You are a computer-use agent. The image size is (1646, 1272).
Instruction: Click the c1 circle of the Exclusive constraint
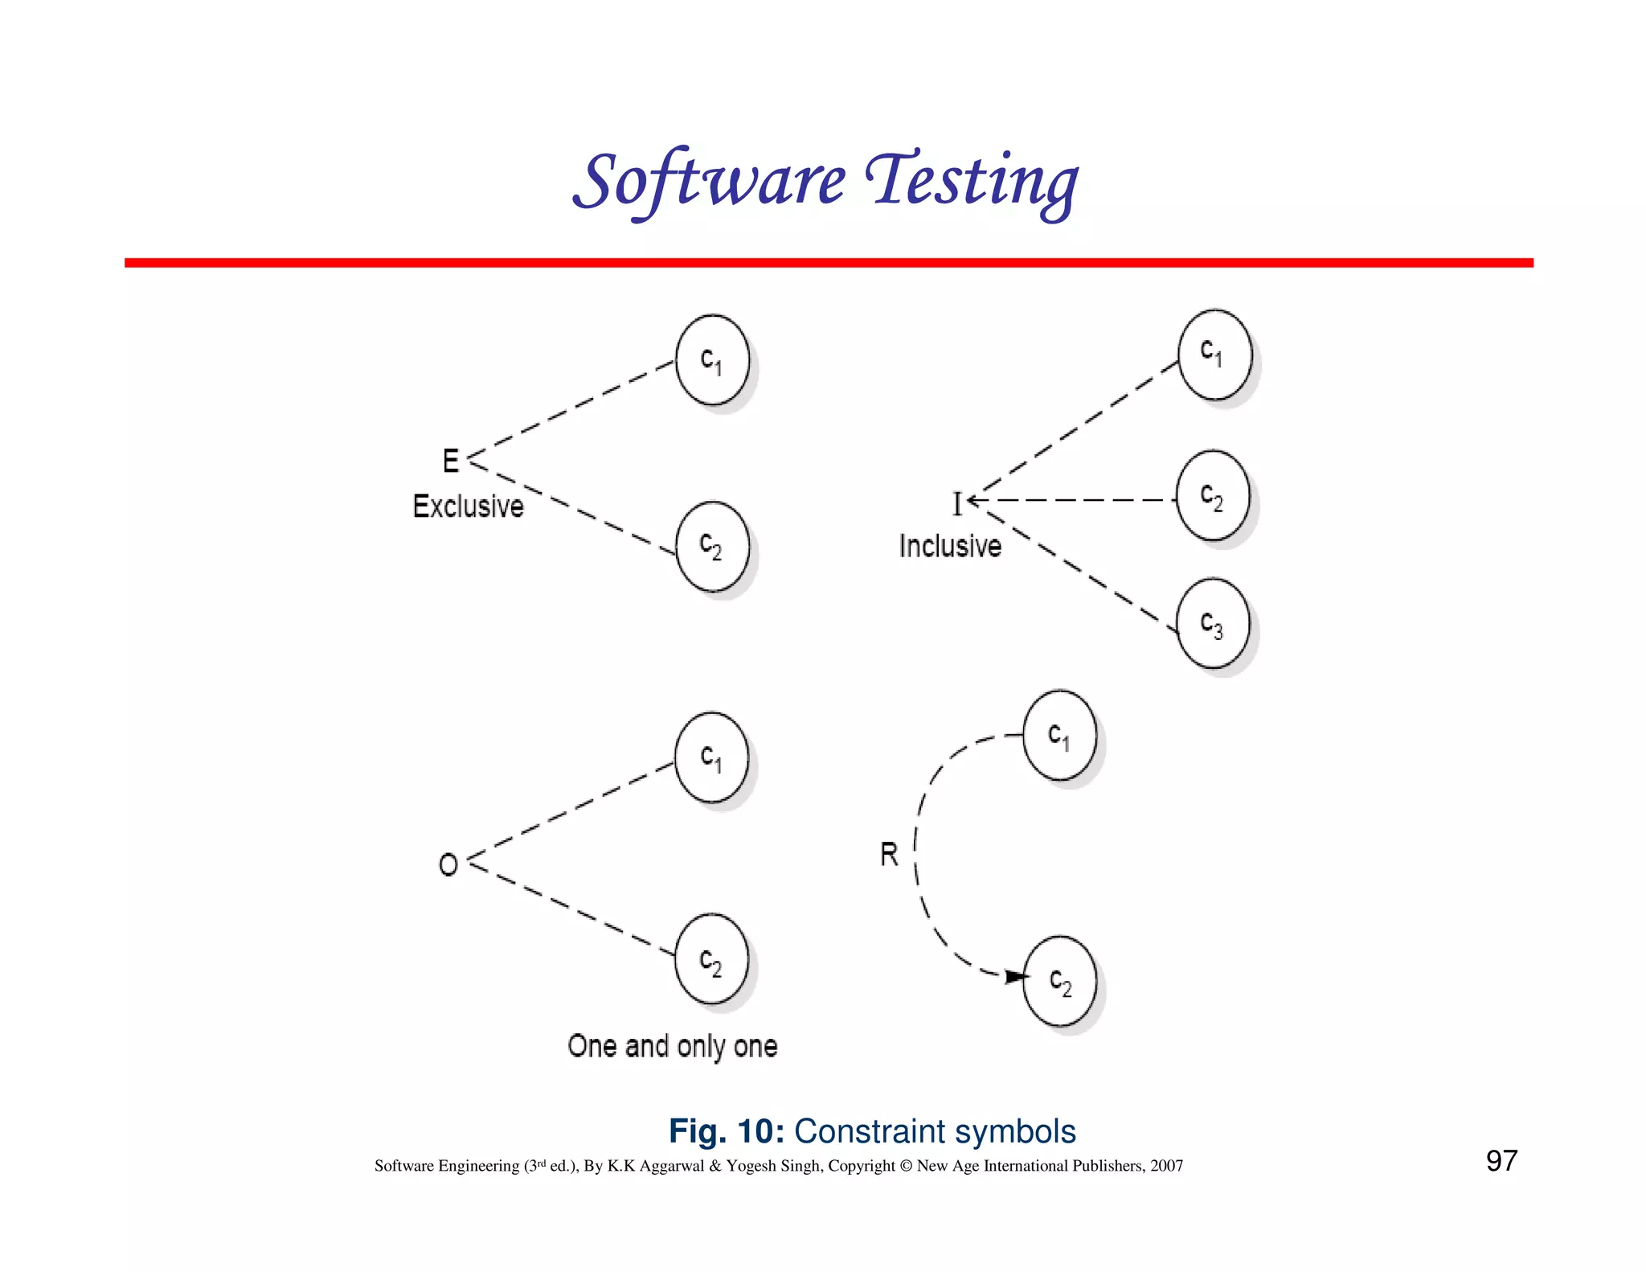click(712, 359)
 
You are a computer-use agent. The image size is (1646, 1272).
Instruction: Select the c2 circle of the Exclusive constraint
click(712, 546)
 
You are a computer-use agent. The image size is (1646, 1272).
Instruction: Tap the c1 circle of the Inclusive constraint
click(1214, 355)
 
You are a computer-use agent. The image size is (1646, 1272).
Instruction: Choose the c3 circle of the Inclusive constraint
click(1213, 623)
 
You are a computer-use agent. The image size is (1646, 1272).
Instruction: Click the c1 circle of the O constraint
click(711, 757)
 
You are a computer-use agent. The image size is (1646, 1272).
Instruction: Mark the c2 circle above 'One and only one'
click(711, 958)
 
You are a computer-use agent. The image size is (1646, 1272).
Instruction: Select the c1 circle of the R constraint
click(1059, 735)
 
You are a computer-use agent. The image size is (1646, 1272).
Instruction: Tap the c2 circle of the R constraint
click(1059, 981)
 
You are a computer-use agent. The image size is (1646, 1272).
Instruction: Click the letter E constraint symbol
click(451, 461)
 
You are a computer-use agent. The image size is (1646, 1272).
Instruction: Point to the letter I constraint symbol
click(957, 503)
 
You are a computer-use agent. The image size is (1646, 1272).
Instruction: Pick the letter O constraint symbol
click(448, 864)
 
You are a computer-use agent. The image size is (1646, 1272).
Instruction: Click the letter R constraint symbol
click(889, 854)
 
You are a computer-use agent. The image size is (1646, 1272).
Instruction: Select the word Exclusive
click(468, 507)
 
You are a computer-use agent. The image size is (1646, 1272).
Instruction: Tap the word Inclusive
click(950, 546)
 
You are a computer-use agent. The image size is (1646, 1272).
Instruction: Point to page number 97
click(1501, 1160)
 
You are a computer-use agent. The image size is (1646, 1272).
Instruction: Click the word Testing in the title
click(972, 181)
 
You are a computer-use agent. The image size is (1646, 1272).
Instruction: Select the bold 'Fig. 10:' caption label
click(726, 1131)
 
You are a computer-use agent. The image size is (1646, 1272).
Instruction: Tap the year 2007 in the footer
click(1166, 1166)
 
